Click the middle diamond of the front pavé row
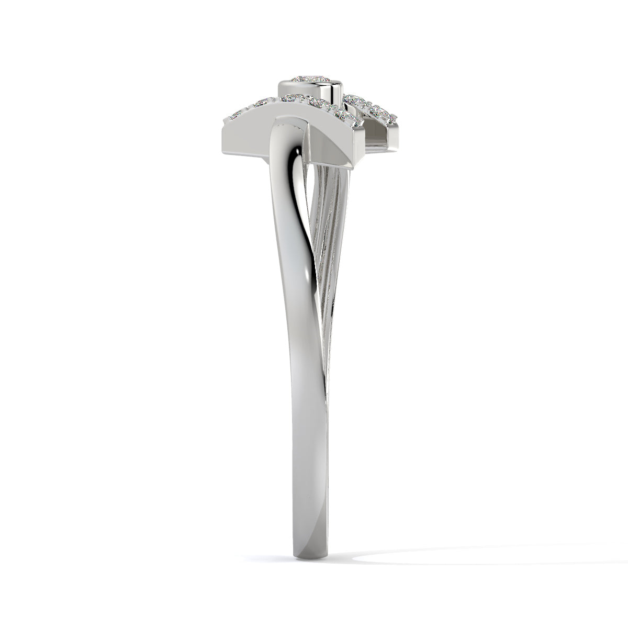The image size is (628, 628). (x=293, y=98)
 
